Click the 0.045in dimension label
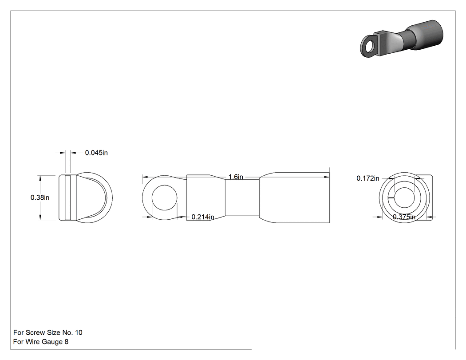[96, 153]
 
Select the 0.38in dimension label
[40, 198]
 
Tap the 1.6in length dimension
[236, 177]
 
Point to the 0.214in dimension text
[203, 217]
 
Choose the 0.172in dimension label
[368, 178]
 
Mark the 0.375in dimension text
[404, 217]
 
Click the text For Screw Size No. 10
[48, 332]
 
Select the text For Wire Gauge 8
[41, 341]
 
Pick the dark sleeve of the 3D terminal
[426, 35]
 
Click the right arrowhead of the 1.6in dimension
[327, 177]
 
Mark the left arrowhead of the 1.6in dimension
[145, 177]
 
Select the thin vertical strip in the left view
[68, 198]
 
